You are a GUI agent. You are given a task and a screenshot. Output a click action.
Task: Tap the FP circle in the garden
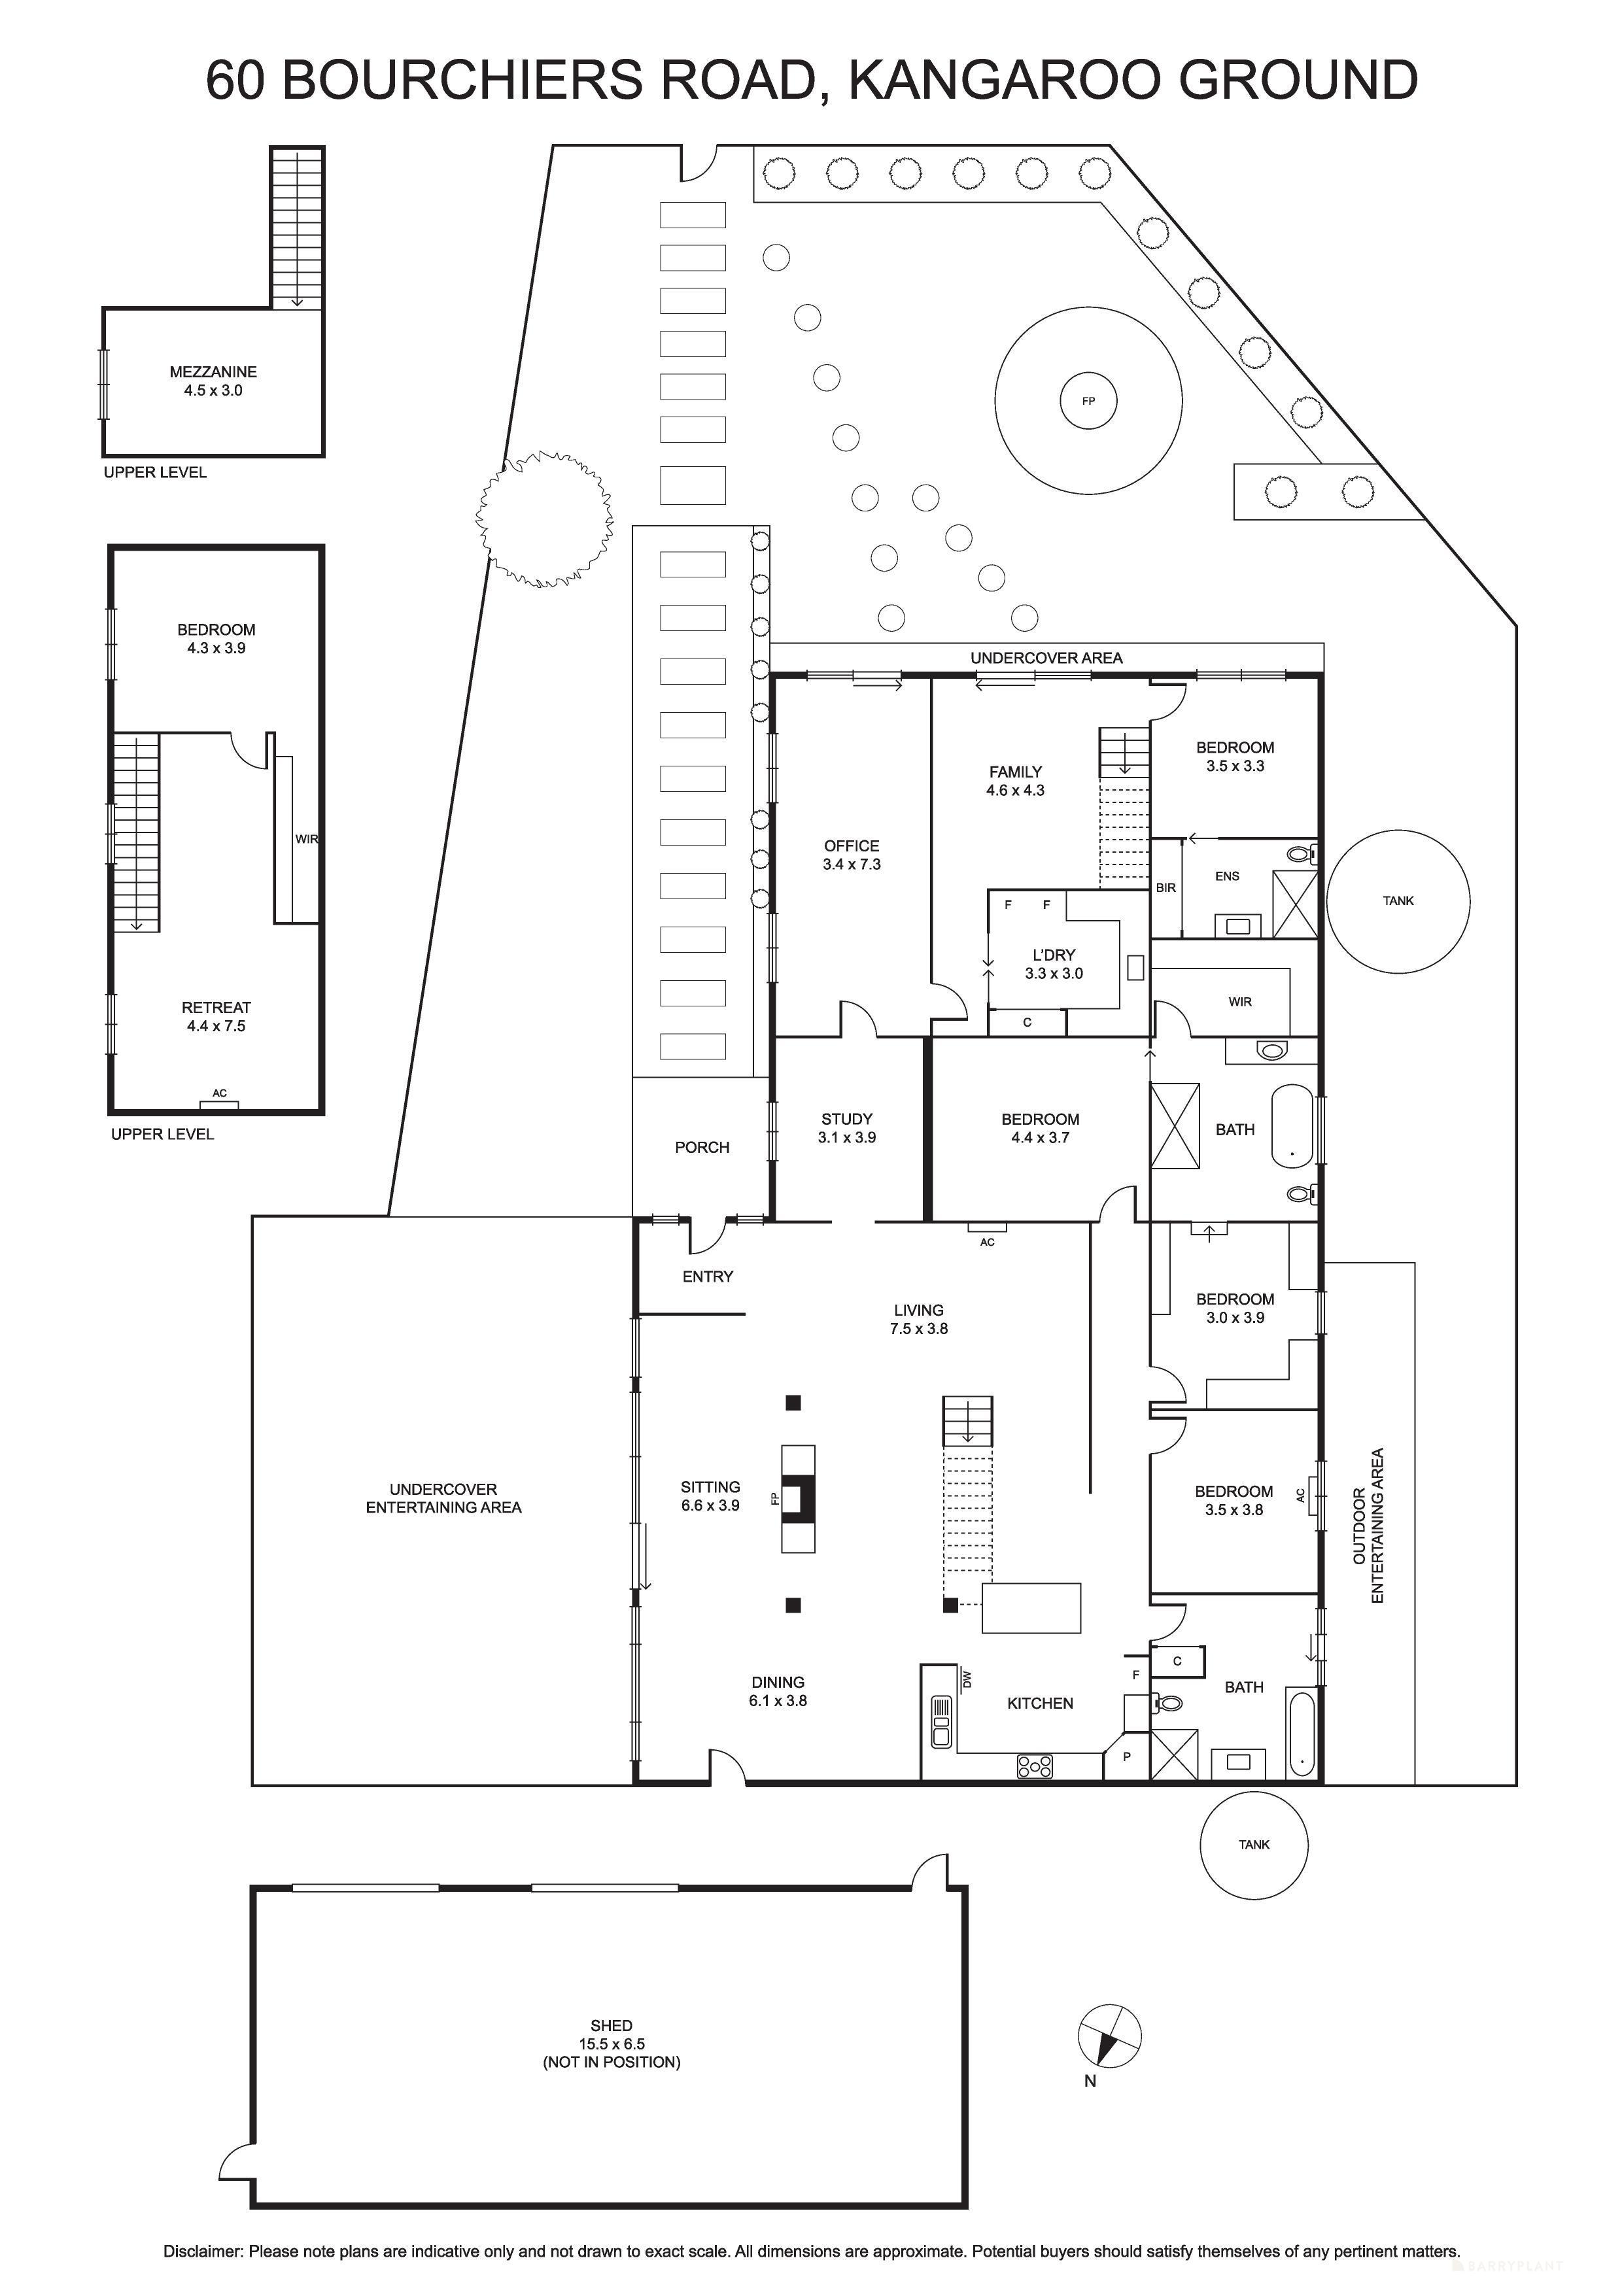pyautogui.click(x=1088, y=401)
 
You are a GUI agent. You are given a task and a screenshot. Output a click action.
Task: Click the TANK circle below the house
pyautogui.click(x=1252, y=1844)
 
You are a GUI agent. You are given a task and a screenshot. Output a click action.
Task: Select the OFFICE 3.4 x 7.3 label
pyautogui.click(x=852, y=854)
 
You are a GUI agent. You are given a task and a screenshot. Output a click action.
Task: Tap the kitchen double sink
pyautogui.click(x=940, y=1720)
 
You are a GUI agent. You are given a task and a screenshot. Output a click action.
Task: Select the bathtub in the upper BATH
pyautogui.click(x=1292, y=1126)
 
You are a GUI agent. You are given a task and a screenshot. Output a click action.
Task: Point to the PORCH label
pyautogui.click(x=702, y=1147)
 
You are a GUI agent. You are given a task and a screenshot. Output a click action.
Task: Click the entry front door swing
pyautogui.click(x=706, y=1237)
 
